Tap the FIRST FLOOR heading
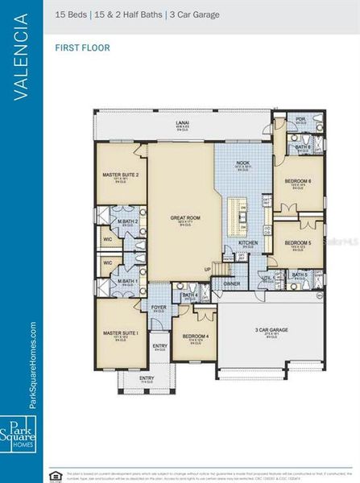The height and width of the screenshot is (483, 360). point(83,48)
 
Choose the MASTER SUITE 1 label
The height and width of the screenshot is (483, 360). point(120,332)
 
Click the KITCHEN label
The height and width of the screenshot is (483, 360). point(247,242)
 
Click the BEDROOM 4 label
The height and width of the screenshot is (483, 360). point(195,336)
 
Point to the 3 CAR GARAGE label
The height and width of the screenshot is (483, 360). point(271,330)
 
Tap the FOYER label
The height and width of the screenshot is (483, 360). point(159,307)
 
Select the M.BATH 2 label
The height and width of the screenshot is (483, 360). point(126,221)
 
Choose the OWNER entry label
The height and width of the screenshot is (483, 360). point(232,283)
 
